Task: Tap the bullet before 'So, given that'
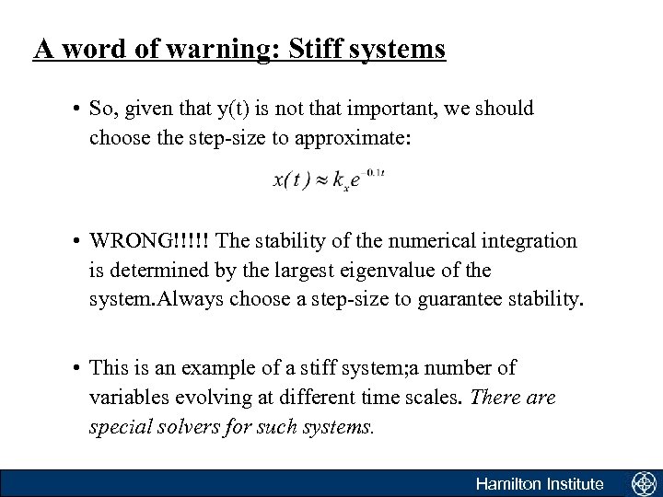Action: click(x=74, y=110)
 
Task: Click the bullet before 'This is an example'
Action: click(x=74, y=369)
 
